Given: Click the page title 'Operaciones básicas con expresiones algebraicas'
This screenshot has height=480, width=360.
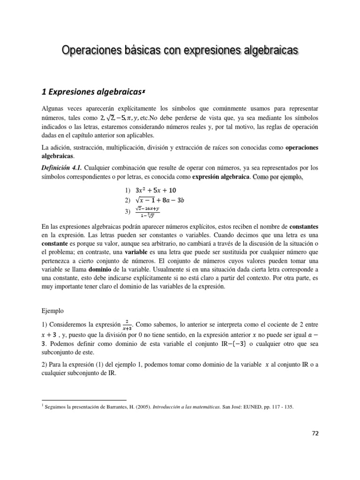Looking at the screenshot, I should click(x=180, y=51).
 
